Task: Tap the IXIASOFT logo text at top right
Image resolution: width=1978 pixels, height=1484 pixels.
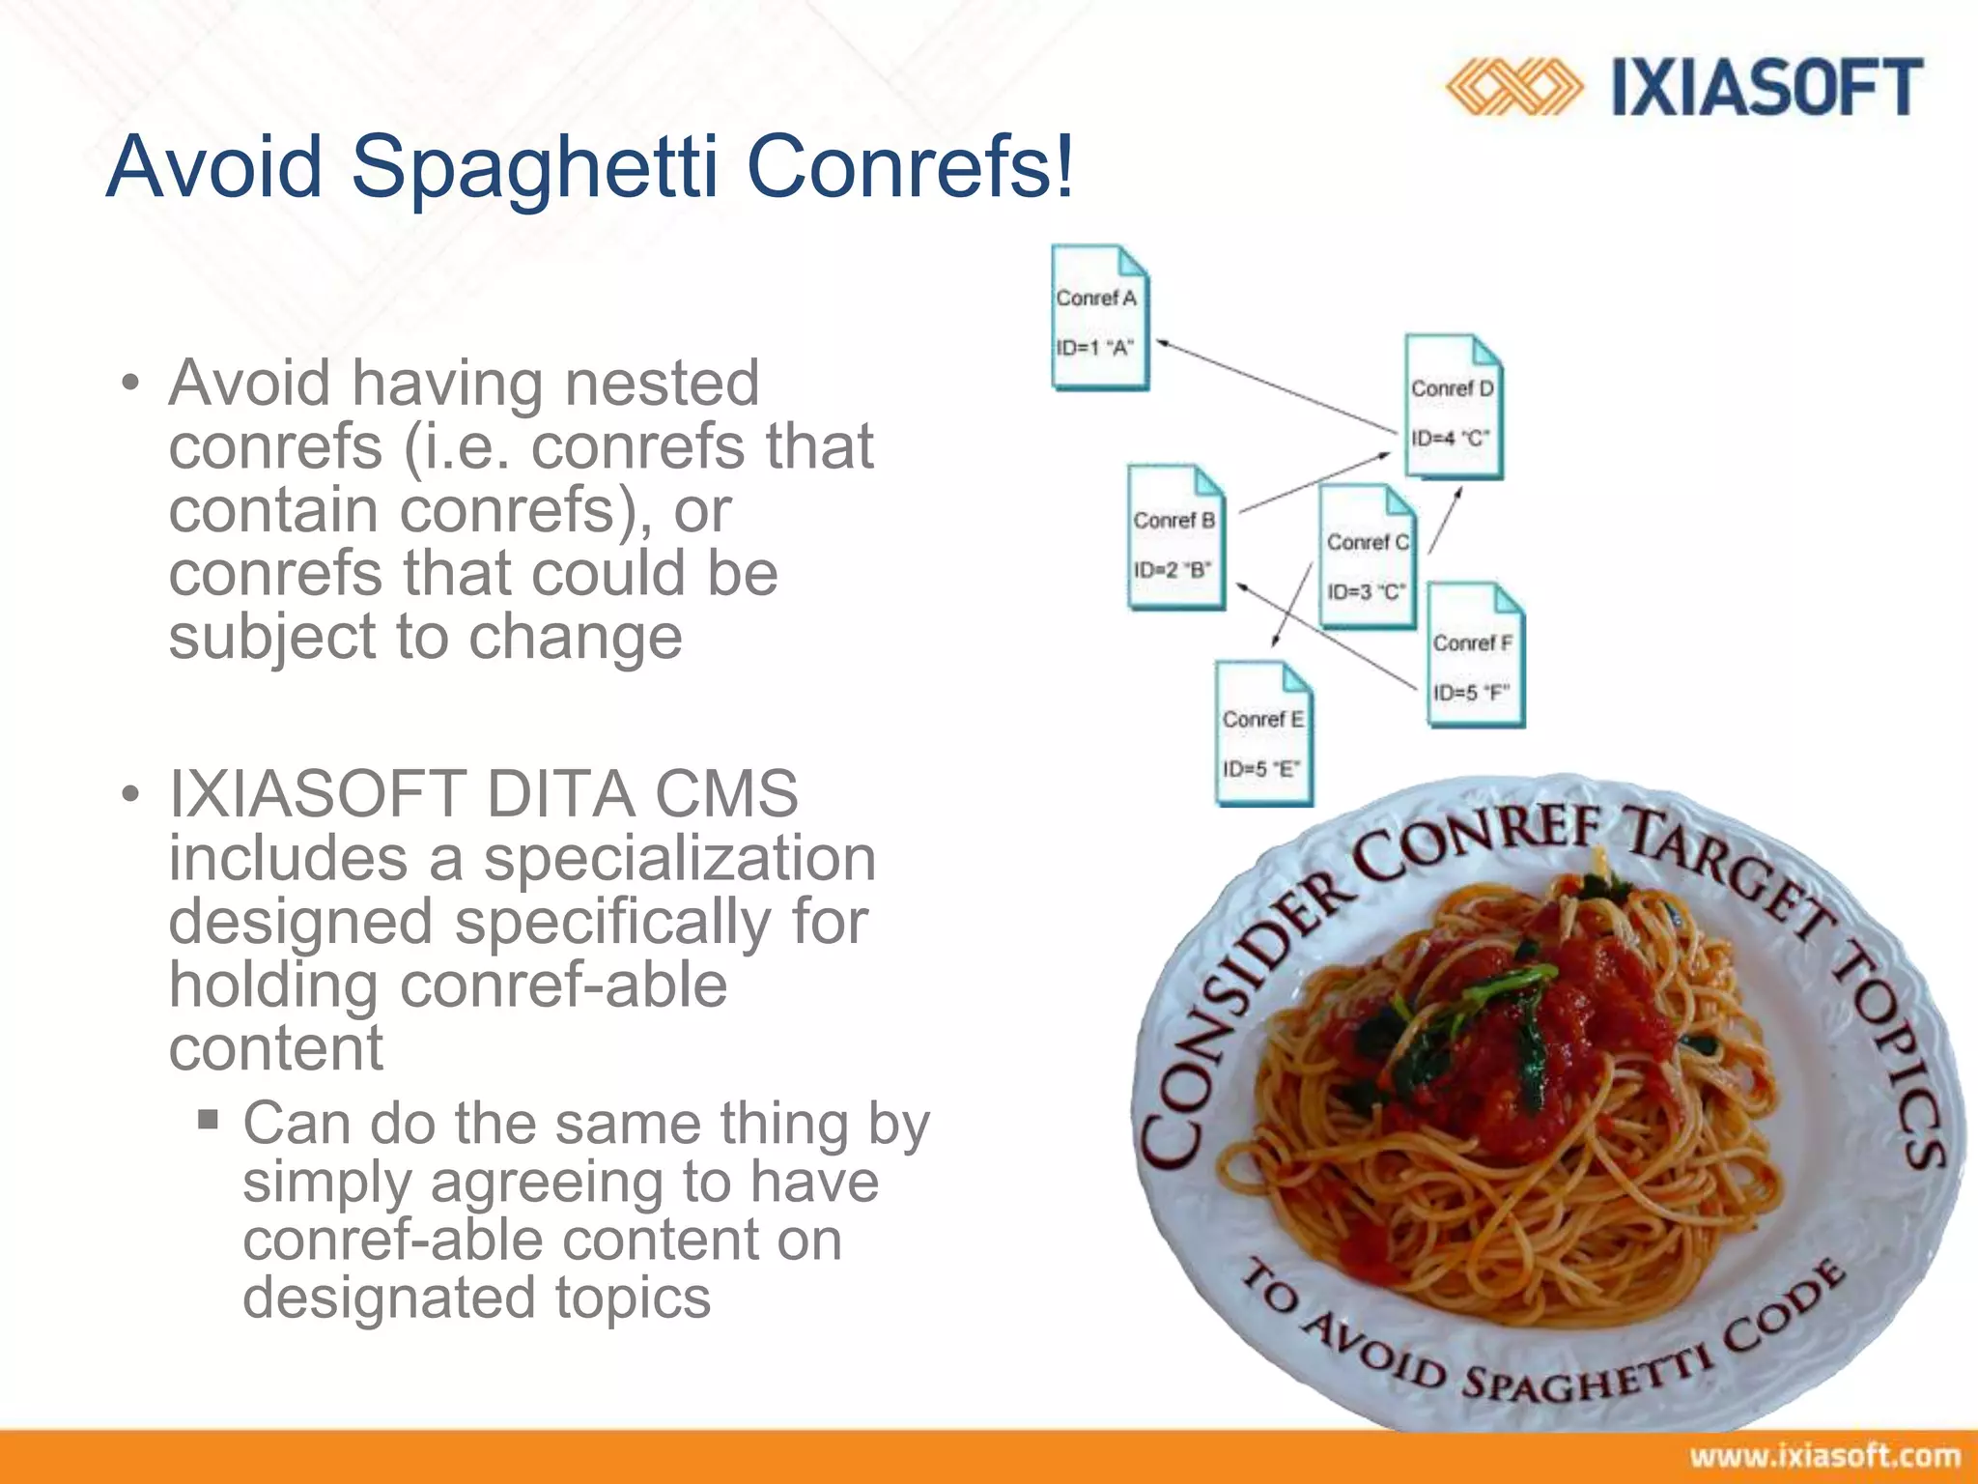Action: (x=1766, y=88)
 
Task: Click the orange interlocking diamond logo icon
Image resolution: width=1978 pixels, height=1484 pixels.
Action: (x=1513, y=88)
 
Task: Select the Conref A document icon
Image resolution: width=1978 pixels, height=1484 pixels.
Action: (x=1099, y=318)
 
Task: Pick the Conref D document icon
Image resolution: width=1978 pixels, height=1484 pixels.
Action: (x=1454, y=407)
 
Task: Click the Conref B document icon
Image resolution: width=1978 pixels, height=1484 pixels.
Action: (x=1175, y=538)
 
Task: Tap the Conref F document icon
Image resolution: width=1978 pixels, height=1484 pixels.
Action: (x=1475, y=655)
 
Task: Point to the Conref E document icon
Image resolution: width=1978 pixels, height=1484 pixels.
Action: (x=1263, y=734)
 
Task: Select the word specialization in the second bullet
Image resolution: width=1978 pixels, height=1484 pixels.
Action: (x=679, y=858)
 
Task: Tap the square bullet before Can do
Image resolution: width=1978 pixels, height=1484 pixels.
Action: (x=208, y=1120)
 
